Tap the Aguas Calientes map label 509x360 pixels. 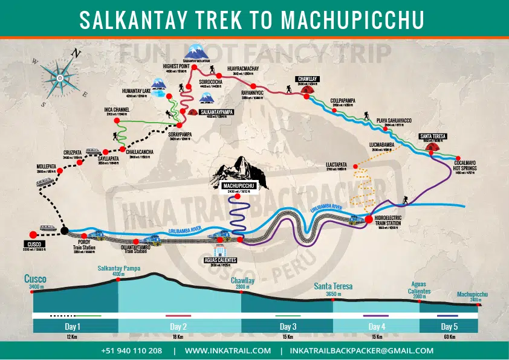pos(219,260)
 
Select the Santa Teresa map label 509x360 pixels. pos(432,136)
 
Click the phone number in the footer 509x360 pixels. pos(131,350)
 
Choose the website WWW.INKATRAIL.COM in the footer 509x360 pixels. pos(227,350)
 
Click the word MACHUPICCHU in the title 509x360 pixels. pos(353,20)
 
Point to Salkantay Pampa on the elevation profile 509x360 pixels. pos(118,270)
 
